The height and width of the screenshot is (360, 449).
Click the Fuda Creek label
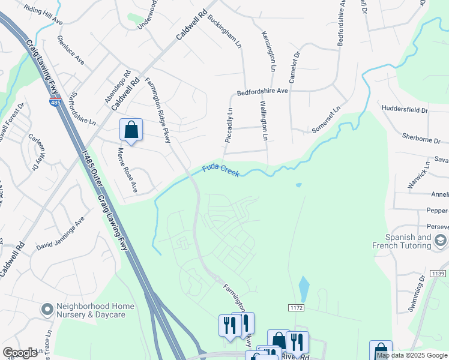[221, 170]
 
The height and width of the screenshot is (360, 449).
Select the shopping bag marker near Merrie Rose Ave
[131, 130]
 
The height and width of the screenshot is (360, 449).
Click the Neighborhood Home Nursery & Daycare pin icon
[47, 310]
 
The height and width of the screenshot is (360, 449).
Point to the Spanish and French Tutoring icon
[440, 241]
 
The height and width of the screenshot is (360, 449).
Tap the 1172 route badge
[296, 307]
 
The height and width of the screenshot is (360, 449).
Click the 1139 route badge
[436, 274]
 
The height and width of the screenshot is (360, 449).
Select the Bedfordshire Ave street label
[263, 92]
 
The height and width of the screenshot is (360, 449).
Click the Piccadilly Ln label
[229, 127]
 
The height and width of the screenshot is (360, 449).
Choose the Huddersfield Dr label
[405, 110]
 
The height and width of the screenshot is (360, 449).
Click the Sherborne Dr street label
[421, 140]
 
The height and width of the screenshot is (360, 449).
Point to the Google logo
[20, 353]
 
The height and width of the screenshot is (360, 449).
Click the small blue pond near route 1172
[304, 289]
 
